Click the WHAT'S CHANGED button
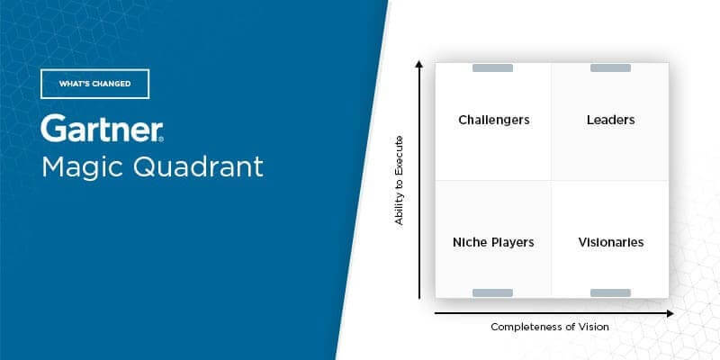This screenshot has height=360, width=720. [95, 84]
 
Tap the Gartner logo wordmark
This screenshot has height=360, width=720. [101, 129]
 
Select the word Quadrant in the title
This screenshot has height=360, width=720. [198, 166]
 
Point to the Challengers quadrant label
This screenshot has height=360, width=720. [494, 121]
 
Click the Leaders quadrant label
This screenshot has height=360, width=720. [611, 120]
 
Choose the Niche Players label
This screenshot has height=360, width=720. [493, 242]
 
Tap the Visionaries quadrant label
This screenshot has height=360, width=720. [611, 242]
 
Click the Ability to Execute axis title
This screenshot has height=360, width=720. [399, 181]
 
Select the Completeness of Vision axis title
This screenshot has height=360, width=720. [550, 327]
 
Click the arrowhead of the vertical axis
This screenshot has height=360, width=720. [418, 64]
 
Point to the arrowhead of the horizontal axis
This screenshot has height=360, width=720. [670, 313]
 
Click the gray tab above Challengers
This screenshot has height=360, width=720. [492, 68]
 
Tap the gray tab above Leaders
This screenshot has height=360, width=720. [610, 68]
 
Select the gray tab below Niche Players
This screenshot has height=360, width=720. [492, 293]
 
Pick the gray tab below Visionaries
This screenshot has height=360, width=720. [610, 293]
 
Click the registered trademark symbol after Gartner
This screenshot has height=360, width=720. [161, 139]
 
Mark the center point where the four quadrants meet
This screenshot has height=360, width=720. [552, 181]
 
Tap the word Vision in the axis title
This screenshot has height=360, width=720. [595, 327]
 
